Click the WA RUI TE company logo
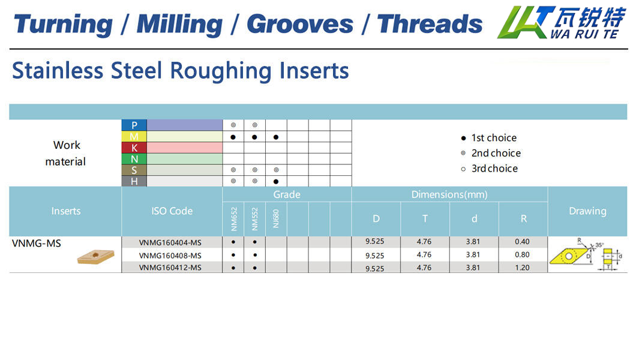(x=562, y=22)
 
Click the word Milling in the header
(x=179, y=25)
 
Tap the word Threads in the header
(x=430, y=24)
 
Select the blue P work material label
(x=134, y=125)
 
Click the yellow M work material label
(x=134, y=137)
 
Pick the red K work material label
(x=134, y=148)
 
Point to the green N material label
(x=134, y=159)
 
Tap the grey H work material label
(x=134, y=181)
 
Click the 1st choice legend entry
(x=489, y=138)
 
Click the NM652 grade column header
(x=233, y=219)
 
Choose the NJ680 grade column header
(x=276, y=218)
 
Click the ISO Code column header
(x=172, y=211)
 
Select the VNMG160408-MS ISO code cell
(x=170, y=256)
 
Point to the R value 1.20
(x=523, y=268)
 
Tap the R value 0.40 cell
(x=523, y=242)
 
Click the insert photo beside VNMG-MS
(x=96, y=257)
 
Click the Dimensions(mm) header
(x=449, y=194)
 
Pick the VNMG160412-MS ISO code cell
(x=170, y=268)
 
